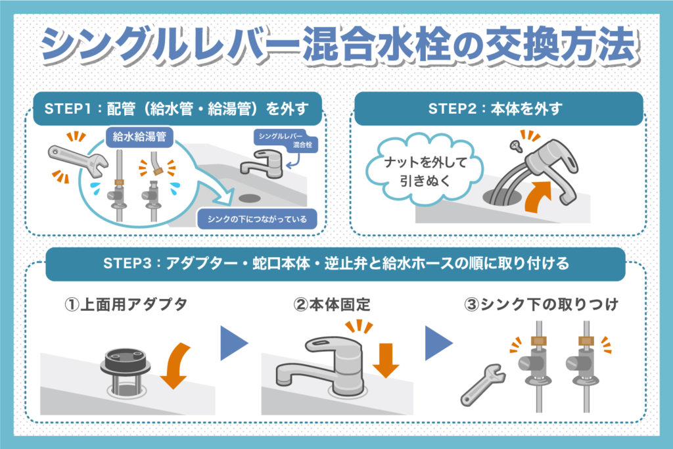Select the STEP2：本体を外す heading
496,108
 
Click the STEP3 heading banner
336,264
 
